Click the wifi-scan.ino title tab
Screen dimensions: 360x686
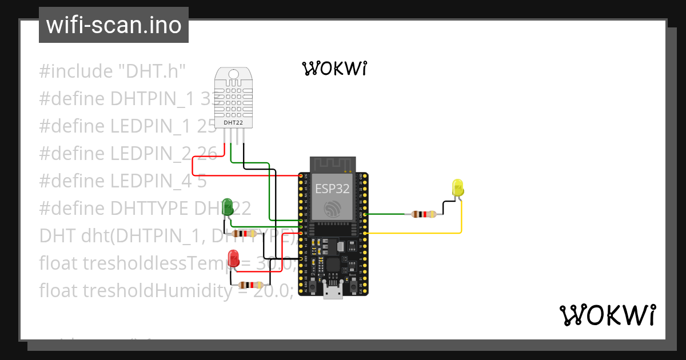pos(113,25)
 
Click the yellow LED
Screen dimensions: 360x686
pos(457,188)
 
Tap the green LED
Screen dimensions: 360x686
pos(228,207)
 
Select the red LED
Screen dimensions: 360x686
pos(233,258)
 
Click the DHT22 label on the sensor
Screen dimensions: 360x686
pos(233,122)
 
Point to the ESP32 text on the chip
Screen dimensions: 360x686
pos(332,189)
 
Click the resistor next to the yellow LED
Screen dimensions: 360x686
pos(424,214)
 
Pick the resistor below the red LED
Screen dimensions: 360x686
pos(250,285)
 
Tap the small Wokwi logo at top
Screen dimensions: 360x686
pos(334,69)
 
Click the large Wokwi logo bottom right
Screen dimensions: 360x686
pos(607,315)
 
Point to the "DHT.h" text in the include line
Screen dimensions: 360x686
pos(152,71)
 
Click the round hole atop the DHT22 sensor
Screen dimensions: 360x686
pos(233,74)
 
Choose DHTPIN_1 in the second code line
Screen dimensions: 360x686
pos(154,99)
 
